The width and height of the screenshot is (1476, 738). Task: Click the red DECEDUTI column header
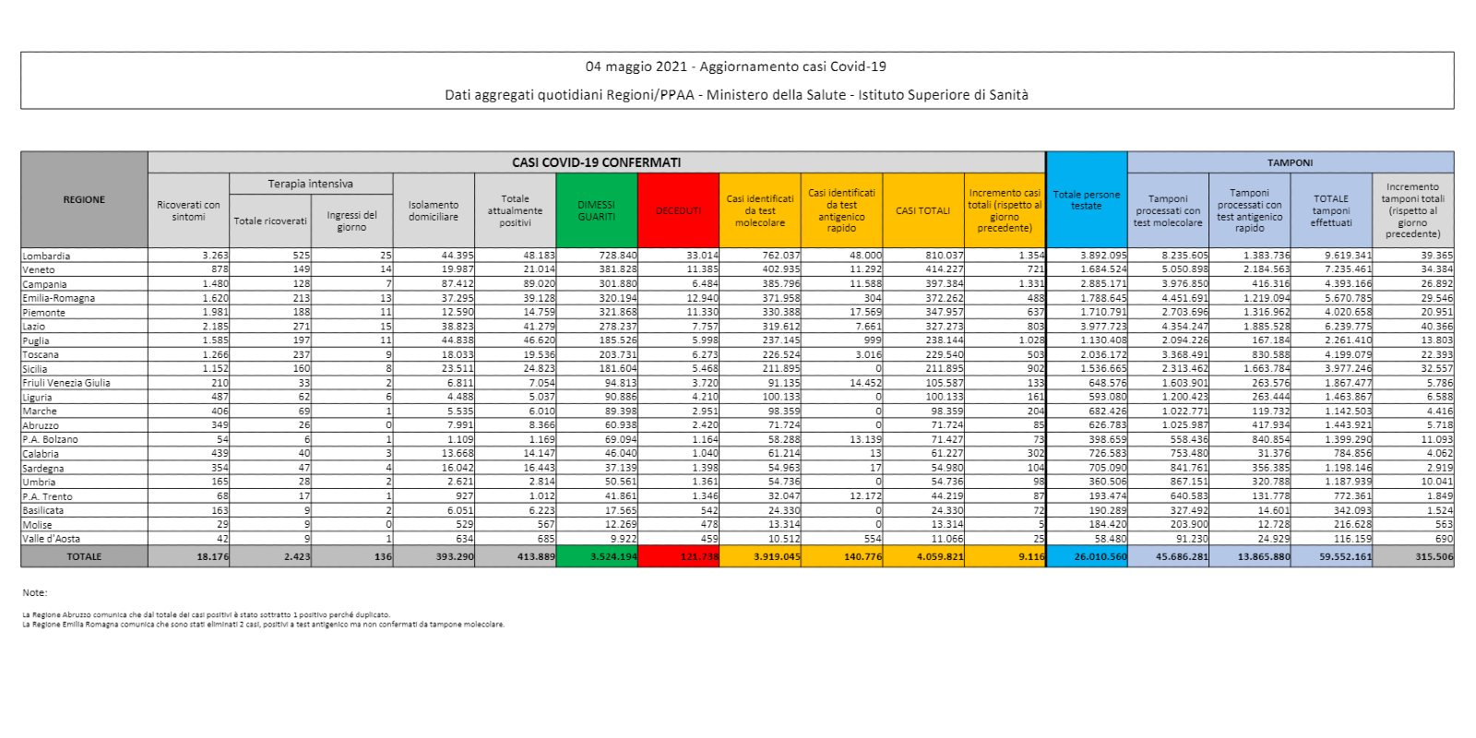(x=678, y=210)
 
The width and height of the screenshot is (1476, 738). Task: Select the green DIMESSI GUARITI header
(x=596, y=210)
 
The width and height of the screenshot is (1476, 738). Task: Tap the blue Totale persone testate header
(x=1086, y=200)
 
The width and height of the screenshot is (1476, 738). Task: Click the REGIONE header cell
(x=84, y=199)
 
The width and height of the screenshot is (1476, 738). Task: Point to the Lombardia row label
(x=46, y=256)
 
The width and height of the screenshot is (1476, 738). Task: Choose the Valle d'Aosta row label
(x=51, y=539)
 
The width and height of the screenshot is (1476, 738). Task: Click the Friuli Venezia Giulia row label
(x=66, y=383)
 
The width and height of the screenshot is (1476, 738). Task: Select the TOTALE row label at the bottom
(x=84, y=556)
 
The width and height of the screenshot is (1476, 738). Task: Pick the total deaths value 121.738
(x=698, y=556)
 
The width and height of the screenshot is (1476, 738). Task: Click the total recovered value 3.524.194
(x=612, y=556)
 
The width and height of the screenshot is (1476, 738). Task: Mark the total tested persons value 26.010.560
(x=1100, y=556)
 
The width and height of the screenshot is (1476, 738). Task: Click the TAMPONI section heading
(x=1290, y=162)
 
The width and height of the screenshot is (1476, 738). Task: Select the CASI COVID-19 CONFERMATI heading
(x=596, y=162)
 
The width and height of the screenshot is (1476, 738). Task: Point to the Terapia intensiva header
(x=310, y=184)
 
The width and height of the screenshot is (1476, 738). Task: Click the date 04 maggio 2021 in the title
(x=637, y=66)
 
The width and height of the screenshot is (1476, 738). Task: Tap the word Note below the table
(x=34, y=592)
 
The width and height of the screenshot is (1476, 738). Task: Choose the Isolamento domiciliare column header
(x=434, y=210)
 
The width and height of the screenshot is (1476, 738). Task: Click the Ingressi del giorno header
(x=351, y=220)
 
